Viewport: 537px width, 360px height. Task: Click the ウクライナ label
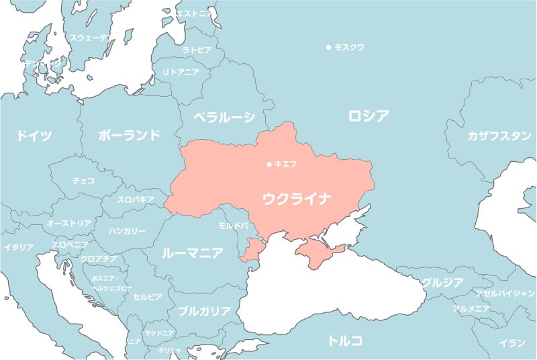coord(297,199)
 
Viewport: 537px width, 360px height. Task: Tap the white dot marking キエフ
coord(269,164)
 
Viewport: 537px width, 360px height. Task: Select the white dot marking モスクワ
coord(328,47)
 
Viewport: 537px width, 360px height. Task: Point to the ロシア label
coord(369,116)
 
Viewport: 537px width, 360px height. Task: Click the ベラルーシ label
coord(224,118)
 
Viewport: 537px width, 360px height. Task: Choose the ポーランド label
coord(130,135)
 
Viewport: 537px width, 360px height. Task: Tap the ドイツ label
coord(34,136)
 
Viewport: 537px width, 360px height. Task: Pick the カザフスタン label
coord(499,136)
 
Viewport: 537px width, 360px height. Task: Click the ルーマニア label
coord(193,253)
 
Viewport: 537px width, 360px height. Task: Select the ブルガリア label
coord(204,311)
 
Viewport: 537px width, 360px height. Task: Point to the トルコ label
coord(345,341)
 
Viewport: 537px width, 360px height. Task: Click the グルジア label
coord(442,283)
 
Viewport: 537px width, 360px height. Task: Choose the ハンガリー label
coord(127,231)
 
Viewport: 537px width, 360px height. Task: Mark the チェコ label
coord(83,181)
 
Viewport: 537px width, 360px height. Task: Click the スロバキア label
coord(136,199)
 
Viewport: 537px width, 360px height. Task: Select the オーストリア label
coord(69,223)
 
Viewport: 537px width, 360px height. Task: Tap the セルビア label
coord(147,296)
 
